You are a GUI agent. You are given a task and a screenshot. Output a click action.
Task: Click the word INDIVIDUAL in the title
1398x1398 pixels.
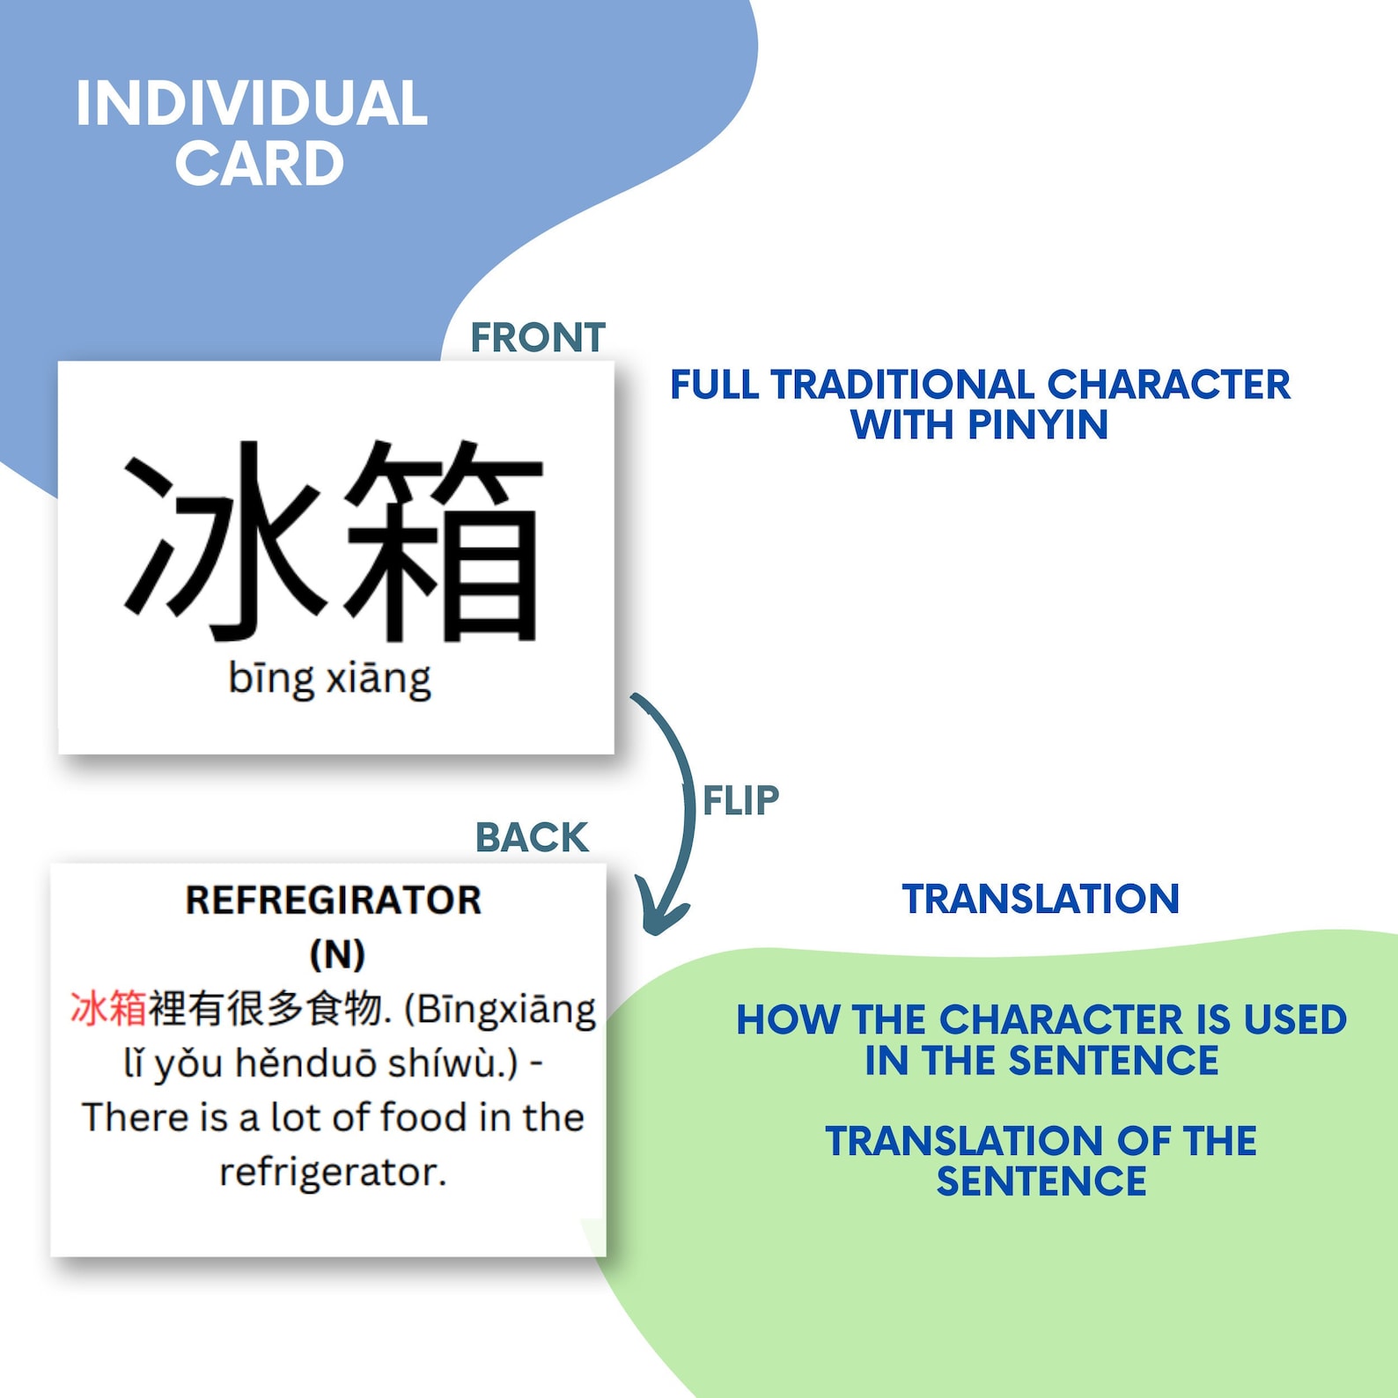click(251, 104)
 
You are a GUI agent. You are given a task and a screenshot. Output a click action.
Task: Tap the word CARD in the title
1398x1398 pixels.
click(259, 164)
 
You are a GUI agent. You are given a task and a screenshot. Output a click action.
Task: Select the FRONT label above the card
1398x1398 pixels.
click(537, 337)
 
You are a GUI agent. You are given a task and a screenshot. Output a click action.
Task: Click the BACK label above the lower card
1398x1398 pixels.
click(531, 837)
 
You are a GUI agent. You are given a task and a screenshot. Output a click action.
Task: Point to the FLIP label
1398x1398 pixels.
click(740, 801)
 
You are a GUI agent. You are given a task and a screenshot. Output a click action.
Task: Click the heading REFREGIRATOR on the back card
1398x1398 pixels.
click(334, 901)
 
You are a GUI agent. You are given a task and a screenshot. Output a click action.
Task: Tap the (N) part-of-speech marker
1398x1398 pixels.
click(337, 954)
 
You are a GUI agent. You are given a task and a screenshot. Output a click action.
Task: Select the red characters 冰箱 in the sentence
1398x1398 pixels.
click(108, 1009)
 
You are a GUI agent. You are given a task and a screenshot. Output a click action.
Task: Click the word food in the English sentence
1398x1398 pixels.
click(423, 1118)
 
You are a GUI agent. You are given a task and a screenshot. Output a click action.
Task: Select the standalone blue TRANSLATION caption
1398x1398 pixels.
click(1041, 899)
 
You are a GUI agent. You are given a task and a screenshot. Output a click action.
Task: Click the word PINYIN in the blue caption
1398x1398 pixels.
click(1038, 425)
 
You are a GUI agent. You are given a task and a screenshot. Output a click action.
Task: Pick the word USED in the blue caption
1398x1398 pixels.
click(1294, 1020)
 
